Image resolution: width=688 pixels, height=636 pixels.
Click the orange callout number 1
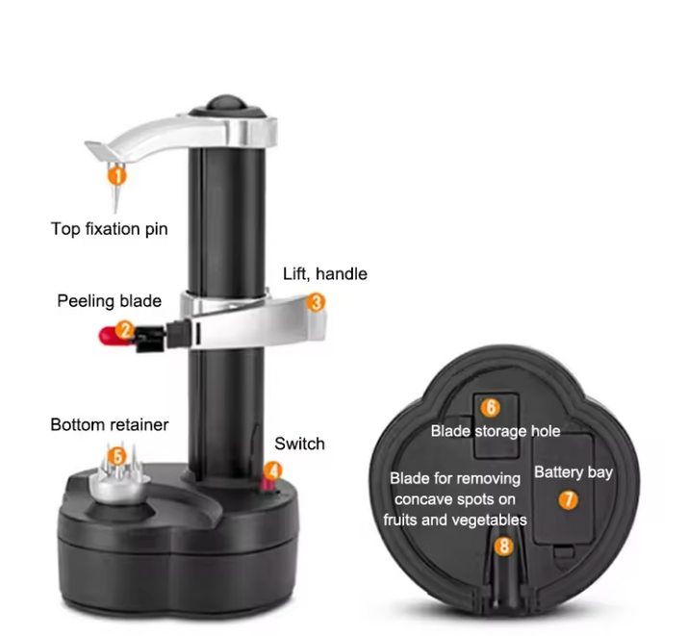tap(116, 176)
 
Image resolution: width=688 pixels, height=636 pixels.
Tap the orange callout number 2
tap(125, 330)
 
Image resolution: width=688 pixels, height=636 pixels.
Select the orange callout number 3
tap(316, 303)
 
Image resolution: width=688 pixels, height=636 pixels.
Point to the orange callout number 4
tap(273, 471)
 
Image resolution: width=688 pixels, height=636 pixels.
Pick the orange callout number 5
tap(117, 457)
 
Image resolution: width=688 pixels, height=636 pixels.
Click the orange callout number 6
tap(491, 407)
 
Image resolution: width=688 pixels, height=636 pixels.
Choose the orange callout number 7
tap(569, 500)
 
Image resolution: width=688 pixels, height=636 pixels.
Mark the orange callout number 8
tap(503, 547)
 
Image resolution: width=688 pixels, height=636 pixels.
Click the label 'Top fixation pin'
tap(110, 229)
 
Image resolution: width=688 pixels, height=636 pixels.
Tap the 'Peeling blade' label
tap(110, 301)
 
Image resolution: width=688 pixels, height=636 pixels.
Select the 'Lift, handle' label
tap(325, 273)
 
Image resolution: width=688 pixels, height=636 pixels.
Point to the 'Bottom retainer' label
tap(110, 424)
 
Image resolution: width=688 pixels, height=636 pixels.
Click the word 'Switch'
tap(299, 444)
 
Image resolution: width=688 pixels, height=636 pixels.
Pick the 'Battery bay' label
tap(573, 472)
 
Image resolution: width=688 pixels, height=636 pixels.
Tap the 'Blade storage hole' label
tap(496, 431)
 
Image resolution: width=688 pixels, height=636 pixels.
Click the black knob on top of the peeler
tap(227, 104)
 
